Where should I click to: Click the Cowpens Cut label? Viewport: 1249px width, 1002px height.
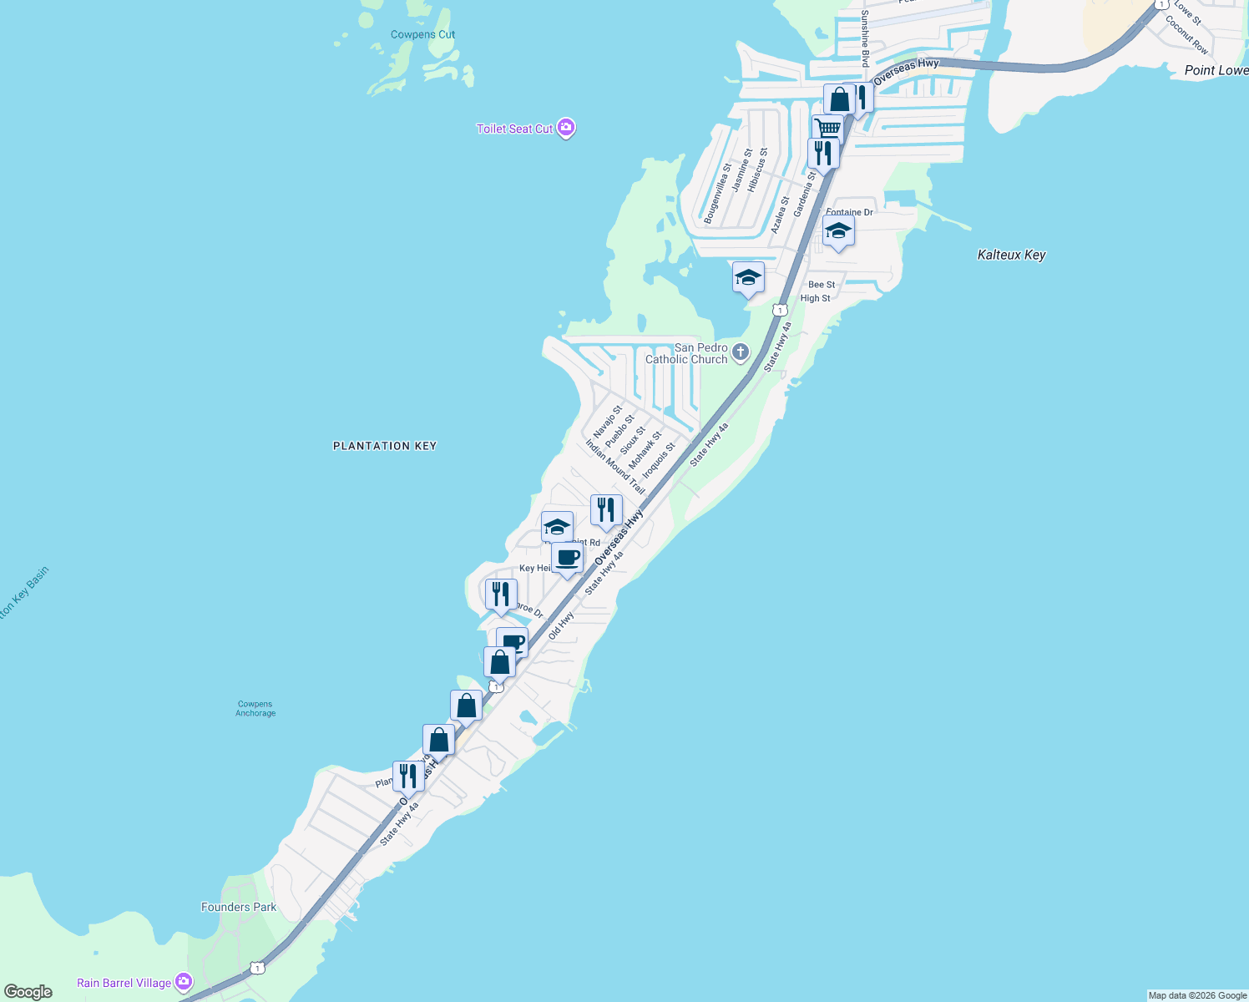422,34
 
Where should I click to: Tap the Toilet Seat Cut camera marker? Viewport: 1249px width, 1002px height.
566,128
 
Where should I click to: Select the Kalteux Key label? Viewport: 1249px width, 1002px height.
1011,255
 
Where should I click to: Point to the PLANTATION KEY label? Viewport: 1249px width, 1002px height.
385,446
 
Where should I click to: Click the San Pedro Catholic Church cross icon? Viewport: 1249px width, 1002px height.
741,353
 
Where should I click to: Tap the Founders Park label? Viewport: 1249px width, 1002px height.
239,907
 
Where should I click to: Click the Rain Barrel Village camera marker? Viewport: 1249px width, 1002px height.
184,982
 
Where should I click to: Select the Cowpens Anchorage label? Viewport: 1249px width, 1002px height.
255,708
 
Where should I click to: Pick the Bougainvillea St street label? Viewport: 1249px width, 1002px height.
717,193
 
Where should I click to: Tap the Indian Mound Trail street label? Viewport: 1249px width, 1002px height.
615,467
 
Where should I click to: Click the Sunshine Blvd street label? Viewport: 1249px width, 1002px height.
865,38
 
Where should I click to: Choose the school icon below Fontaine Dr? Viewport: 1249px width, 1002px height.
837,231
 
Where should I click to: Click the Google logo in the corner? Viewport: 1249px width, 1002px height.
28,991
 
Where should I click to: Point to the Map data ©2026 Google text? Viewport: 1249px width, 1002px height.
1197,995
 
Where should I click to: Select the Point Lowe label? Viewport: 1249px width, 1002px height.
1216,70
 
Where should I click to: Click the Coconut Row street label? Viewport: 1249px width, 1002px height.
1186,35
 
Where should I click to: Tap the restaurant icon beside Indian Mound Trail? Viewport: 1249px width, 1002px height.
606,509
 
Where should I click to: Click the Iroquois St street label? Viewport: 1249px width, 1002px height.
659,461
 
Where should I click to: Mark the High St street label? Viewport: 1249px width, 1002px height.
815,298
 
